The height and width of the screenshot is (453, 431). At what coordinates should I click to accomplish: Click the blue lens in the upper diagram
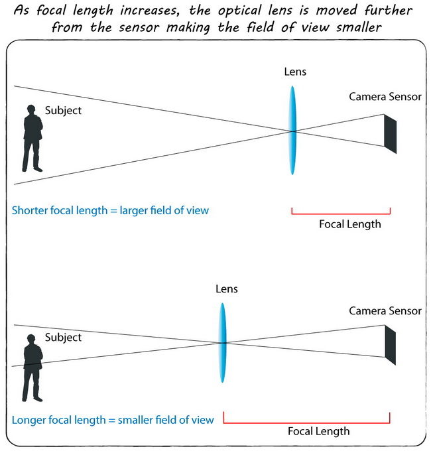pyautogui.click(x=292, y=130)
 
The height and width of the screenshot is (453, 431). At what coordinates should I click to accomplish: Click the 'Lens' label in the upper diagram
pyautogui.click(x=294, y=72)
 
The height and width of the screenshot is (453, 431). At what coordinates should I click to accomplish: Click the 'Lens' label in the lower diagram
pyautogui.click(x=226, y=289)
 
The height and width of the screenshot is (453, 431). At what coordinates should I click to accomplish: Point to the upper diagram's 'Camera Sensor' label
pyautogui.click(x=385, y=97)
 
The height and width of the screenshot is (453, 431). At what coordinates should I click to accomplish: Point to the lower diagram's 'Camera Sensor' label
pyautogui.click(x=385, y=310)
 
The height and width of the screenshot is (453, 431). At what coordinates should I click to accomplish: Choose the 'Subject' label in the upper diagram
pyautogui.click(x=63, y=110)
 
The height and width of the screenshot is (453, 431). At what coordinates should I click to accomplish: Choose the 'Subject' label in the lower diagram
pyautogui.click(x=63, y=338)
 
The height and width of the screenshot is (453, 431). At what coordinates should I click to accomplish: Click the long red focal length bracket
pyautogui.click(x=306, y=422)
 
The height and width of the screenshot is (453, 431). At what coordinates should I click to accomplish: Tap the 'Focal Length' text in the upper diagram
pyautogui.click(x=349, y=224)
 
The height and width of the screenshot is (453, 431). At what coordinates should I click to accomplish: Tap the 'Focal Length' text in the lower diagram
pyautogui.click(x=318, y=431)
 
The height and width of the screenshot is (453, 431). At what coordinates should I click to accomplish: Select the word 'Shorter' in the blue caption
pyautogui.click(x=31, y=210)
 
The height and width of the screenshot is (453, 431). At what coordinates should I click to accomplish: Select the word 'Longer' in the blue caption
pyautogui.click(x=30, y=419)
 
